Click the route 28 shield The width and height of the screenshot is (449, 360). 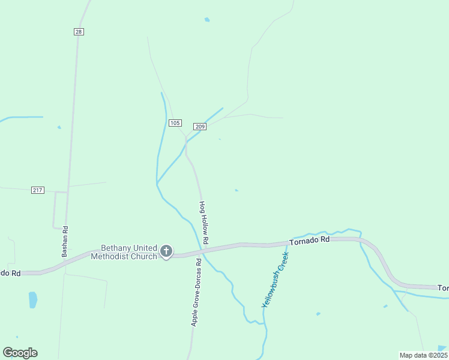coord(79,31)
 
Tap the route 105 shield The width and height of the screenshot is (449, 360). coord(175,123)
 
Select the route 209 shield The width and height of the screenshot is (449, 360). coord(200,126)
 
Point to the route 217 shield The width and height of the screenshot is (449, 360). coord(38,190)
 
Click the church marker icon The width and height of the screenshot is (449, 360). coord(166,251)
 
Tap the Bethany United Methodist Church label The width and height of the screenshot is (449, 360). coord(124,252)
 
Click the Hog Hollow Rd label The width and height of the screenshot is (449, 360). coord(204,222)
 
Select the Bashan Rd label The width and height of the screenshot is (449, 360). coord(65,241)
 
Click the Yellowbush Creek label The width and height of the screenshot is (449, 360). coord(276,280)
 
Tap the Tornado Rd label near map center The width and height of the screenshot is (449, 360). coord(310,240)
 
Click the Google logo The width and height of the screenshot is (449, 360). coord(20,352)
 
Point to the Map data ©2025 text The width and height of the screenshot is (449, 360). coord(423,355)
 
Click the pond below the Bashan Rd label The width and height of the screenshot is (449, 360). coord(32,299)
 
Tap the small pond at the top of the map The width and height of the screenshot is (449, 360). coord(207,20)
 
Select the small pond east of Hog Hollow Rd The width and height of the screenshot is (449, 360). coord(237,190)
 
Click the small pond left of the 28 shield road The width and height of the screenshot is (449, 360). coord(59,127)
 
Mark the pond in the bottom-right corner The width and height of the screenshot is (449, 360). coord(442,347)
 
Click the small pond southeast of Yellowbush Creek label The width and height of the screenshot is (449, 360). coord(318,313)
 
